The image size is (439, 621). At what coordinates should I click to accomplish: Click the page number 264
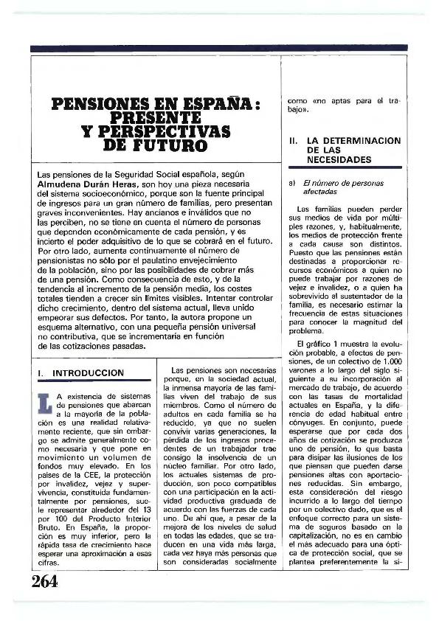click(x=44, y=582)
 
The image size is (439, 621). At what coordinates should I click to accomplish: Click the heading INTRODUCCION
click(x=88, y=373)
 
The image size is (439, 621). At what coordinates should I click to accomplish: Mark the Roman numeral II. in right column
click(x=293, y=140)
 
